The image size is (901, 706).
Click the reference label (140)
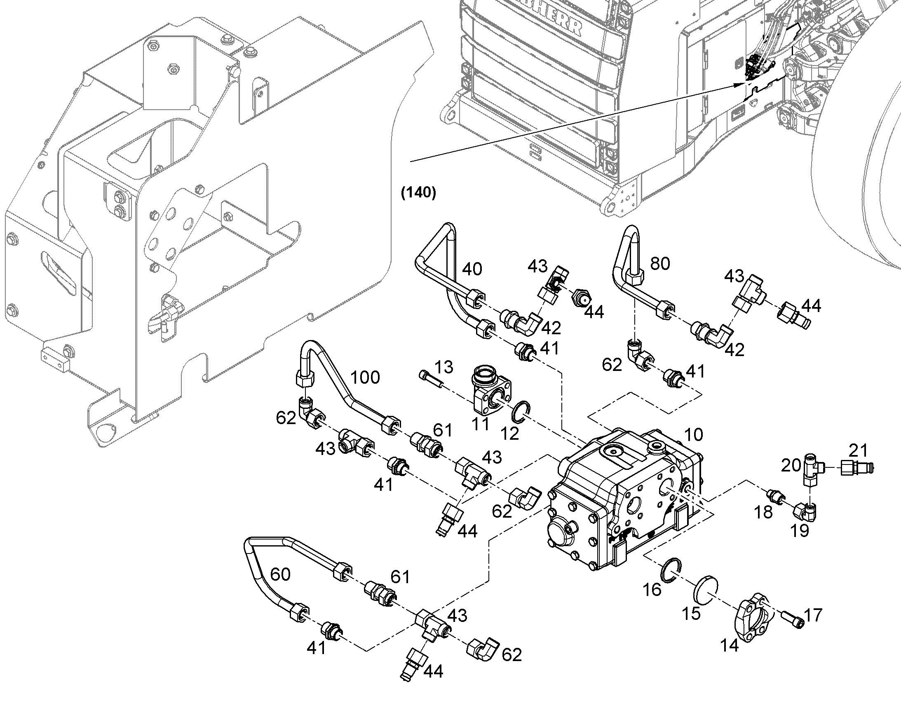pos(418,193)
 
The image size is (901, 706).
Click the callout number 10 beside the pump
pos(693,434)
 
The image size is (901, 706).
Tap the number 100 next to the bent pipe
pos(365,378)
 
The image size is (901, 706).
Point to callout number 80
pos(659,263)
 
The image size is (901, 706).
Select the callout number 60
pos(280,574)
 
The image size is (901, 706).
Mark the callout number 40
pos(472,269)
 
